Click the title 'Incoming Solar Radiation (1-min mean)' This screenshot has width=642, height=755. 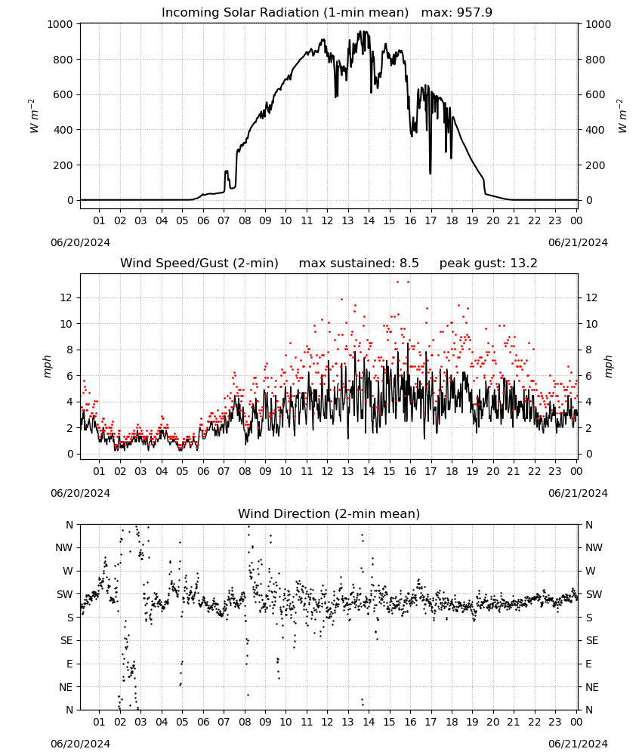coord(285,13)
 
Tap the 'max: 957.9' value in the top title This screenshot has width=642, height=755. coord(457,13)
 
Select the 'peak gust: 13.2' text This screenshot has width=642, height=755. coord(488,263)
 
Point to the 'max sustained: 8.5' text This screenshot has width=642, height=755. coord(359,263)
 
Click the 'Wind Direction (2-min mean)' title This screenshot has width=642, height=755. coord(329,513)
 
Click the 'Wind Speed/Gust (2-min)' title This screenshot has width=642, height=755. coord(199,263)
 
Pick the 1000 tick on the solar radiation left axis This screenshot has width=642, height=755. coord(60,24)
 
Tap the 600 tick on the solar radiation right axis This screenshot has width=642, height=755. coord(595,95)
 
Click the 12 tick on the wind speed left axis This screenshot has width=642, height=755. coord(66,298)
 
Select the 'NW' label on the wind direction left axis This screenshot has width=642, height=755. coord(64,548)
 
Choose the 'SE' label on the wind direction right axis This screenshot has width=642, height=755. coord(592,641)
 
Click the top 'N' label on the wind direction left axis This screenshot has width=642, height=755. coord(69,525)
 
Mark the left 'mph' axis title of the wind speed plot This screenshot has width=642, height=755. coord(47,366)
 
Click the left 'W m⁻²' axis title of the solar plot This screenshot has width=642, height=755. coord(33,116)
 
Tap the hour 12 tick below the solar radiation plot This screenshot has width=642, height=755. coord(328,220)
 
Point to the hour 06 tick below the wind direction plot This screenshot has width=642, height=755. coord(203,722)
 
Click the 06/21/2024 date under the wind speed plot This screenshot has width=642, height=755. coord(578,493)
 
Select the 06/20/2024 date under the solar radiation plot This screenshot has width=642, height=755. coord(80,242)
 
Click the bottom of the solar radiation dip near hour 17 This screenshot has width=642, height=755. coord(430,174)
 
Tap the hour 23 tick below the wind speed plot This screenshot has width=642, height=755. coord(555,471)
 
